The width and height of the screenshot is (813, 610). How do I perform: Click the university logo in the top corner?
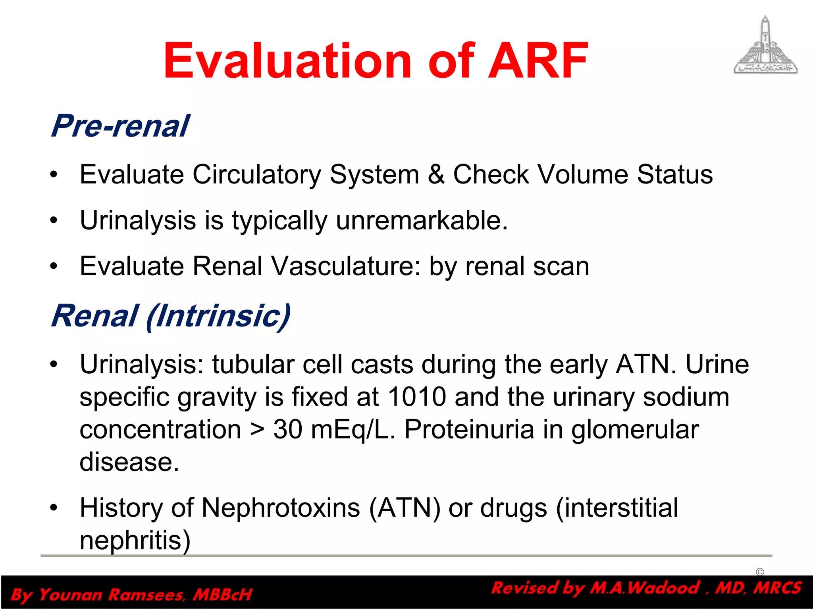pyautogui.click(x=765, y=46)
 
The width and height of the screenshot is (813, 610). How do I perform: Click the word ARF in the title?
pyautogui.click(x=538, y=62)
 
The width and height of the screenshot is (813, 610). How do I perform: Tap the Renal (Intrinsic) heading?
pyautogui.click(x=171, y=316)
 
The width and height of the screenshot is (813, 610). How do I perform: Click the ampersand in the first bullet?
pyautogui.click(x=436, y=175)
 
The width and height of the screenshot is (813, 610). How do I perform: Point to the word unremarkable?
pyautogui.click(x=422, y=220)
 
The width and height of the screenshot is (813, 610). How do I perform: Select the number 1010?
pyautogui.click(x=416, y=397)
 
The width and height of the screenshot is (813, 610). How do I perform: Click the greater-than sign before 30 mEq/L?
pyautogui.click(x=257, y=430)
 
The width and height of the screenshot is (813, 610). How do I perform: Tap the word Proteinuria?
pyautogui.click(x=469, y=430)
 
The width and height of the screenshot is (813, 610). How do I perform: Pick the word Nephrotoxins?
pyautogui.click(x=281, y=508)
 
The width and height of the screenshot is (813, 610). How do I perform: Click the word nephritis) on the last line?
pyautogui.click(x=135, y=541)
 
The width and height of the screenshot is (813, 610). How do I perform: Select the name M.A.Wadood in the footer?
pyautogui.click(x=644, y=588)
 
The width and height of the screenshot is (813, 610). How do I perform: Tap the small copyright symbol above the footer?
pyautogui.click(x=760, y=572)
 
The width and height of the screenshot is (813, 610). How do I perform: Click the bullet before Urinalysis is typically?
pyautogui.click(x=54, y=220)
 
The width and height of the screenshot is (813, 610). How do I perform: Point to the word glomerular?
pyautogui.click(x=635, y=430)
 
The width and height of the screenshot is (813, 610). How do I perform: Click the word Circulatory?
pyautogui.click(x=256, y=175)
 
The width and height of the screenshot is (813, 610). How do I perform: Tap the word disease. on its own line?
pyautogui.click(x=129, y=462)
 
